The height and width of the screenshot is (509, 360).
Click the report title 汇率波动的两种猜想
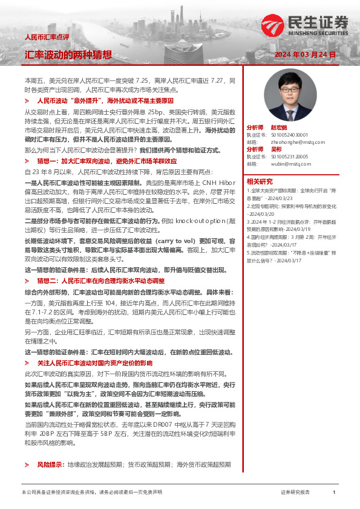[68, 54]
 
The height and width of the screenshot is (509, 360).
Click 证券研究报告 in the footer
[295, 493]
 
